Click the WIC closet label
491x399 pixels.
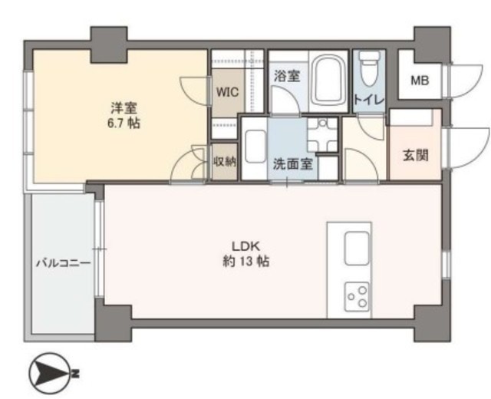coord(228,92)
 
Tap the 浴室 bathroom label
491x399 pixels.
coord(287,76)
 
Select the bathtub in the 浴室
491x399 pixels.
coord(329,81)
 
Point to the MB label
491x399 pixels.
coord(420,81)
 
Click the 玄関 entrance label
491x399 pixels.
coord(416,155)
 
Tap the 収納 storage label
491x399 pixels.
coord(225,161)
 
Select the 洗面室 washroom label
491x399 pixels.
coord(293,164)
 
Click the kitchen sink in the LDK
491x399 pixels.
coord(356,249)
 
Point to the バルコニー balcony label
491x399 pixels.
coord(63,262)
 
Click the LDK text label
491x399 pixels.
coord(245,246)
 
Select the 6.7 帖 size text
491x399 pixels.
coord(124,123)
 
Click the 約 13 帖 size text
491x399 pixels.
coord(245,261)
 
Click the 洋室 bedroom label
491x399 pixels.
coord(124,108)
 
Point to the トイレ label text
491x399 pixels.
coord(368,100)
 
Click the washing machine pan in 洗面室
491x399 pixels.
coord(322,135)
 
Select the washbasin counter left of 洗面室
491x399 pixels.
coord(254,148)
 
